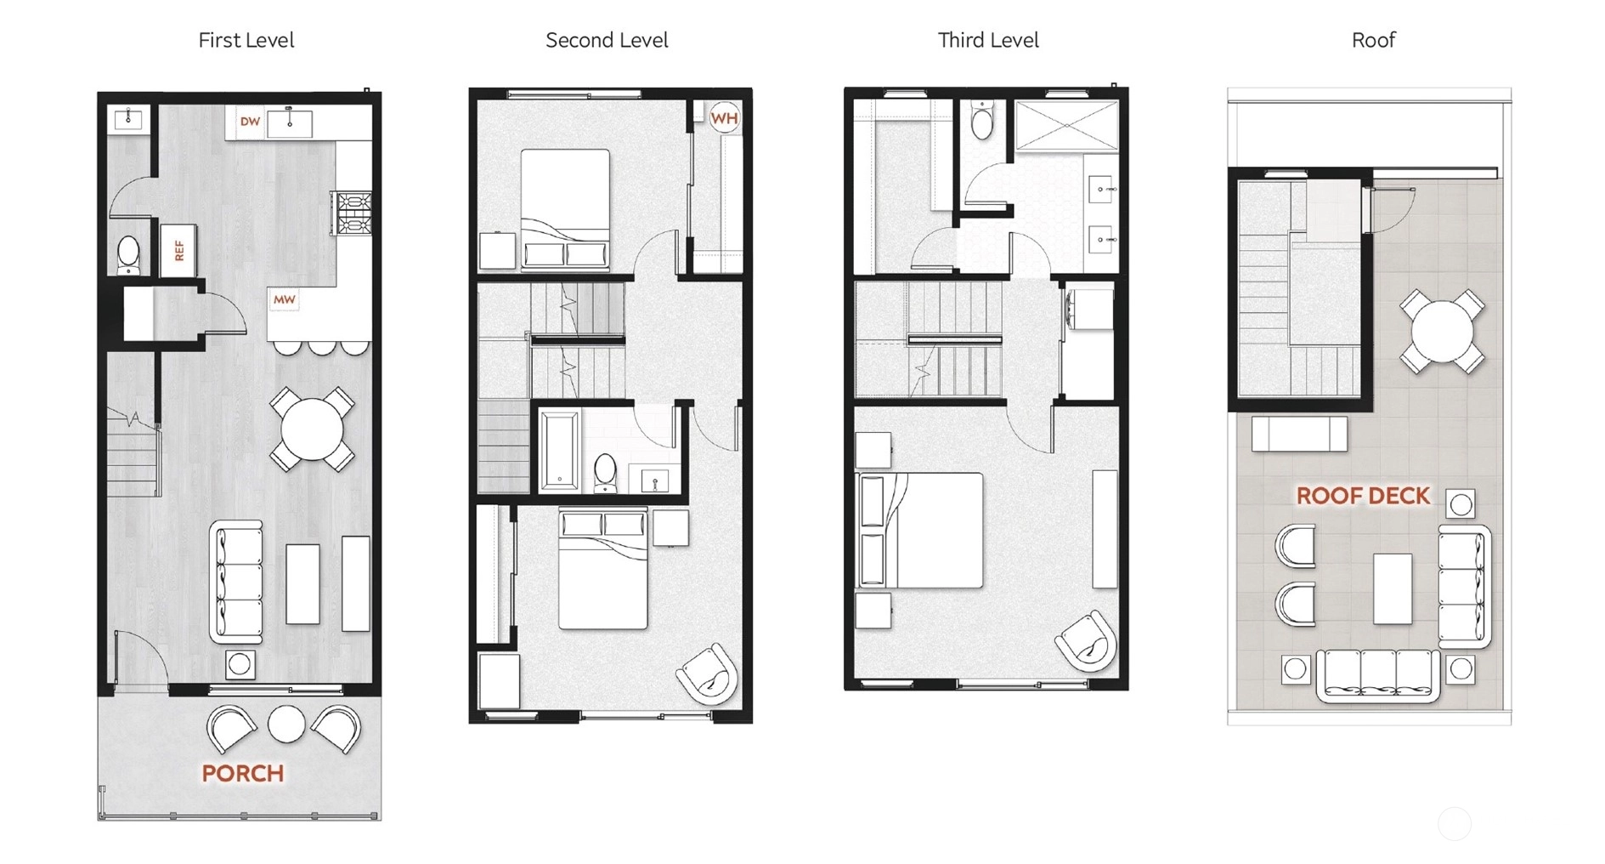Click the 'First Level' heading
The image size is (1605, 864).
246,40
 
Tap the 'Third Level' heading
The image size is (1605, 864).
987,40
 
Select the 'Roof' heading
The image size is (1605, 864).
1373,40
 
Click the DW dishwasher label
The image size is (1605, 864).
250,122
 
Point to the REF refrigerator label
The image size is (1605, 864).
179,250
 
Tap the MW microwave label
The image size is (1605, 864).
284,299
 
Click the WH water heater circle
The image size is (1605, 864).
724,118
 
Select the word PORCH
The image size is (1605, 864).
242,773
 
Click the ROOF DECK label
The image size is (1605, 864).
1363,496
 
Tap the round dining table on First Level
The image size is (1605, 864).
312,429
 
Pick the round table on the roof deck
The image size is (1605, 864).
1442,332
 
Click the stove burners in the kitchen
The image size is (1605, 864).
353,213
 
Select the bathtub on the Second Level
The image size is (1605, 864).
560,450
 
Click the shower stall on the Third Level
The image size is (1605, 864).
1066,126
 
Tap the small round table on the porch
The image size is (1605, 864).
286,724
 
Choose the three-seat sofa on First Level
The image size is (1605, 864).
236,582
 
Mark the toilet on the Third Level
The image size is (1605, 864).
982,121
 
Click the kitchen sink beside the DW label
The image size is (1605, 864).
290,123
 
